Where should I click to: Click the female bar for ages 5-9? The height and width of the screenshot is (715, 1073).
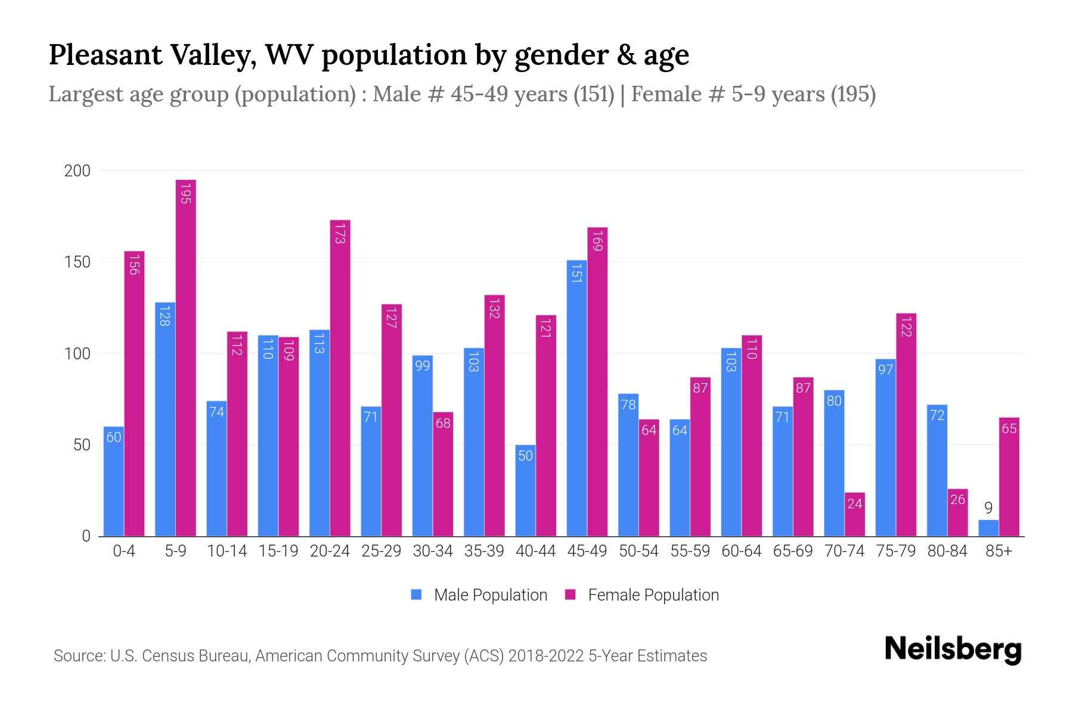[186, 357]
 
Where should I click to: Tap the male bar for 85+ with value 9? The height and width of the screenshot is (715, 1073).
[988, 529]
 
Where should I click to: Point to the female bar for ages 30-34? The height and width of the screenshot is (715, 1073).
[443, 474]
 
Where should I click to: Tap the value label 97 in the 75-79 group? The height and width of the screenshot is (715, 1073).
[885, 369]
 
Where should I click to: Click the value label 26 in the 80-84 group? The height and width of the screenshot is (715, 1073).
[957, 499]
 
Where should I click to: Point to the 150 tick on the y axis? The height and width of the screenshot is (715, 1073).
[77, 262]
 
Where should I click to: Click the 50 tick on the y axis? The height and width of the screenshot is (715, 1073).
[82, 445]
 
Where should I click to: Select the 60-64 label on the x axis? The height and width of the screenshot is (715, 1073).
[741, 551]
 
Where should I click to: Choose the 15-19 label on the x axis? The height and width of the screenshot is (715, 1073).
[278, 551]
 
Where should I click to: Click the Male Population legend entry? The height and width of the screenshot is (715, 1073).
[490, 595]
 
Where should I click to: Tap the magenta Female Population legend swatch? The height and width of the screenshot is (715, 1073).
[570, 595]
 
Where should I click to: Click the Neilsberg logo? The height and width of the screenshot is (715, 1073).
[953, 649]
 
